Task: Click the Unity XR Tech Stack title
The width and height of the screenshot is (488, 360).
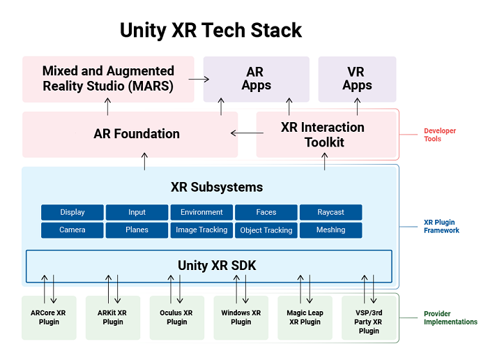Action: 211,31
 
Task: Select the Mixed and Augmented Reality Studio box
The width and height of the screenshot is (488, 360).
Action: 108,78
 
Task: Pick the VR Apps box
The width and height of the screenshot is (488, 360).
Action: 357,78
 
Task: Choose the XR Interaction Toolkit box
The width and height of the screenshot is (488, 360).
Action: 322,135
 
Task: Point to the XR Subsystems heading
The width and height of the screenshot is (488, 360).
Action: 217,187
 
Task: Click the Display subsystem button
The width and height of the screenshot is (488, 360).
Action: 73,212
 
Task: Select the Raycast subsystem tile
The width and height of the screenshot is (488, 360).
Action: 330,212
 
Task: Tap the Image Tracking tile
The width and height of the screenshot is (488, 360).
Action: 201,230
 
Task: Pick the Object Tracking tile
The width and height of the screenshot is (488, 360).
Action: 266,230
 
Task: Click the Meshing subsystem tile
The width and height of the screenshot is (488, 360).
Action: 330,230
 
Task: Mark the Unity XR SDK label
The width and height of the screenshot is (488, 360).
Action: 210,265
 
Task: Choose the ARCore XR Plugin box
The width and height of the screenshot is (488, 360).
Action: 49,317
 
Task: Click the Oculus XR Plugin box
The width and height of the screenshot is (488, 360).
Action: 176,317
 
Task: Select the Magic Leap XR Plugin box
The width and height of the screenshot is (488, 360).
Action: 304,317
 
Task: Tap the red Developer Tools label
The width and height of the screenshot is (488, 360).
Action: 441,135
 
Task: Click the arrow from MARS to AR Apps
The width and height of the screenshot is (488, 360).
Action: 199,79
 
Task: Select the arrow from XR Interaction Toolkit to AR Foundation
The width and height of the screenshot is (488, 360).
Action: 243,134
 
